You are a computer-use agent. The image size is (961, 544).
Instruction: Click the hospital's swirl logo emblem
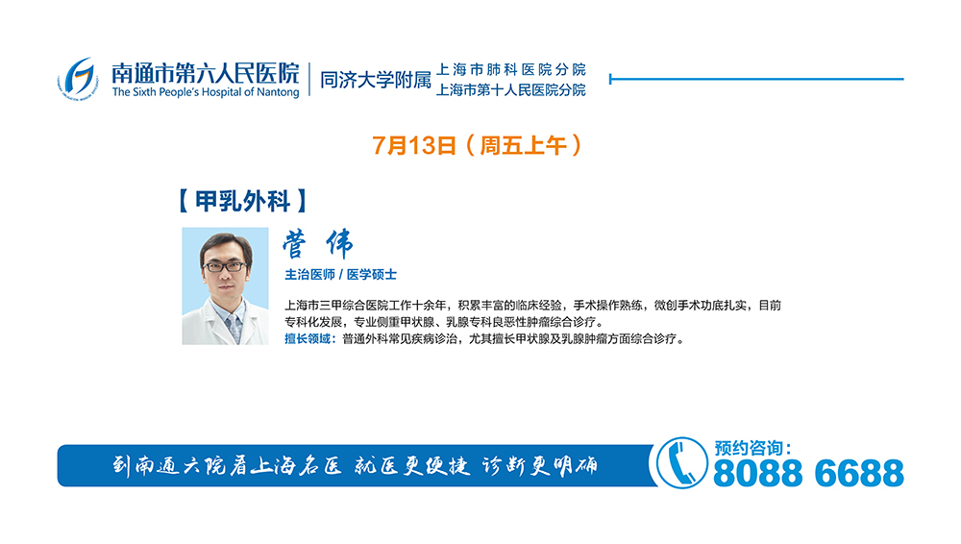click(78, 79)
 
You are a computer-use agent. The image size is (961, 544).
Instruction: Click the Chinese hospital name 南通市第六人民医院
click(206, 74)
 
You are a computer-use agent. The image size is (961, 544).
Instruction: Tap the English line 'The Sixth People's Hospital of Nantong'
click(206, 92)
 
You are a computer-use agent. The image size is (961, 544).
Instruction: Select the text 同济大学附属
click(376, 80)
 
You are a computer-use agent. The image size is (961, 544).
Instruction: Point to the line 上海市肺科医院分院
click(510, 69)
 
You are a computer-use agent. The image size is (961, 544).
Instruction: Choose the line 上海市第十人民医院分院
click(510, 90)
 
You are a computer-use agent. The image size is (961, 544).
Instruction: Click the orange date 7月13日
click(414, 146)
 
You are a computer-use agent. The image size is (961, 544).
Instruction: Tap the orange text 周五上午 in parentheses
click(523, 146)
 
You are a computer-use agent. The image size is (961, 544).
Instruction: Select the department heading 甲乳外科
click(243, 201)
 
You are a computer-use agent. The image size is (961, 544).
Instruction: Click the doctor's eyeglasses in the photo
click(225, 267)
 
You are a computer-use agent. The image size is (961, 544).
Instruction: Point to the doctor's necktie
click(234, 328)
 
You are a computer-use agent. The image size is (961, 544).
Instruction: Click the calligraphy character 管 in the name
click(295, 245)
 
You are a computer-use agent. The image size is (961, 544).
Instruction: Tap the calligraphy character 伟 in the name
click(339, 244)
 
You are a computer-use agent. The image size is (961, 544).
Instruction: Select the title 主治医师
click(309, 275)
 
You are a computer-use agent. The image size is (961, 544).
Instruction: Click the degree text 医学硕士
click(372, 275)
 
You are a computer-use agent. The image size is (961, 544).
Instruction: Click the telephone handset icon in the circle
click(681, 463)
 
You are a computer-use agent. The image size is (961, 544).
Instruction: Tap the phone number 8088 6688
click(808, 474)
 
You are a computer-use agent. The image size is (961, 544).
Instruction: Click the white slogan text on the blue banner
click(355, 466)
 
